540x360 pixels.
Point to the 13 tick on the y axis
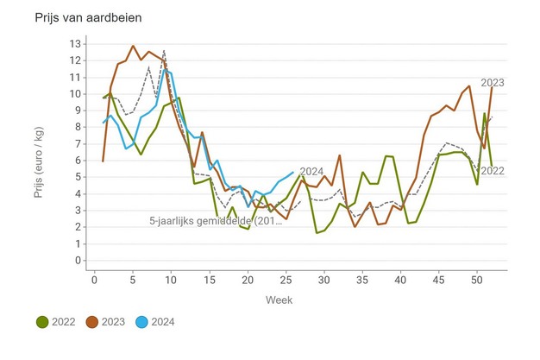(x=76, y=43)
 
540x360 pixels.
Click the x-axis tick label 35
(x=362, y=280)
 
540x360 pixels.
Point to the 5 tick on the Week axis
(x=133, y=280)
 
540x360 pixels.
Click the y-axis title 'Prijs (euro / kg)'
(x=40, y=152)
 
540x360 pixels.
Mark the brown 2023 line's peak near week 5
(x=133, y=46)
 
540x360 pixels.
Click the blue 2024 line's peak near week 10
(x=167, y=70)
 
